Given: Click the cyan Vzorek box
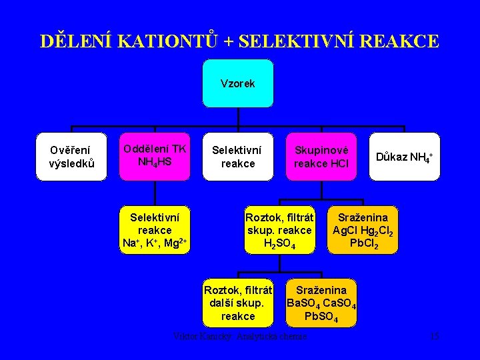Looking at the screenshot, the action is [238, 83].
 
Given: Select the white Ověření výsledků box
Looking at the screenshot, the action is [71, 156].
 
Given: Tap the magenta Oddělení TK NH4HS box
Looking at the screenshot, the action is [154, 156].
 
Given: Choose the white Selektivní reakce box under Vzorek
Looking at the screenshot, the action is [238, 156].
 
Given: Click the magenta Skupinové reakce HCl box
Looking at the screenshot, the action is [321, 156].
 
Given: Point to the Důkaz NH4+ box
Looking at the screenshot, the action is [405, 157].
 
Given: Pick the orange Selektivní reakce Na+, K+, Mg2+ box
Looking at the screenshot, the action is [154, 230].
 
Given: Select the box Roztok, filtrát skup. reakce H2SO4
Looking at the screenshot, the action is [279, 230].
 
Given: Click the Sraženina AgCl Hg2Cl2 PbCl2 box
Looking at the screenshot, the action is [363, 230].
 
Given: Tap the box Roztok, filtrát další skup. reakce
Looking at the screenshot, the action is [238, 303].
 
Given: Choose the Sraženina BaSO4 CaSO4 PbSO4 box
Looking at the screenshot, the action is [321, 303].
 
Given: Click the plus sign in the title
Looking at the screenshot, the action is [229, 42].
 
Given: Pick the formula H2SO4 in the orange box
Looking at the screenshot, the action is [279, 243].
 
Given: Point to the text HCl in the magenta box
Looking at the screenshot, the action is [339, 164].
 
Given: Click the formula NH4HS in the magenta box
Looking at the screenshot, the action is [154, 162].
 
